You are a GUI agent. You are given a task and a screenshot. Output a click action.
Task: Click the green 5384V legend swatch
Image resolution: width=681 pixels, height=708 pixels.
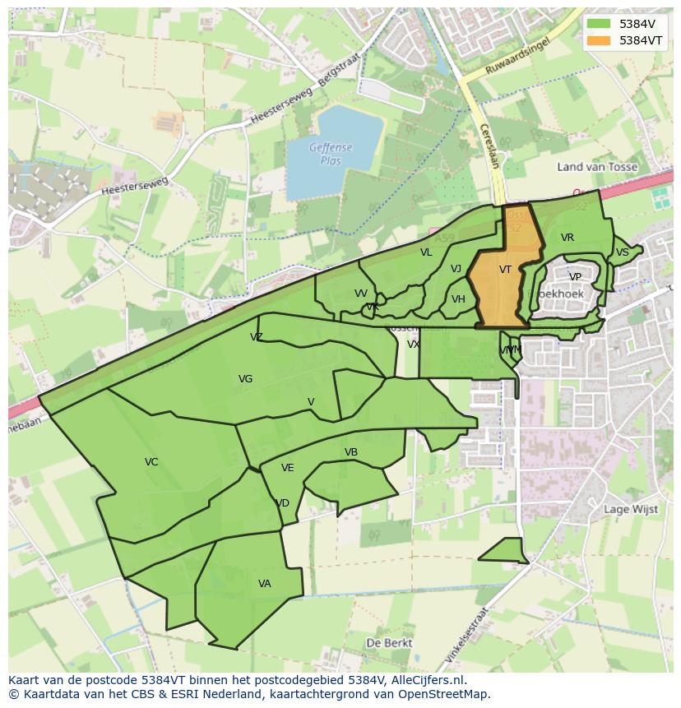pos(600,24)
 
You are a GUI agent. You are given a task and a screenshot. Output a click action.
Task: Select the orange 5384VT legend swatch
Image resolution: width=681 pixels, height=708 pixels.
pos(600,40)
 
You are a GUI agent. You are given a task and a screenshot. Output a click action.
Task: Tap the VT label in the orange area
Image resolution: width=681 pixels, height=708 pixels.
pos(505,270)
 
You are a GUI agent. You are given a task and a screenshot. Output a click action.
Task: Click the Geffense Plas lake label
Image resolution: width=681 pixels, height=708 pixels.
pos(331,155)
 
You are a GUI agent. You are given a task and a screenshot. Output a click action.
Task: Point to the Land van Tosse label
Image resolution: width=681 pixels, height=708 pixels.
pos(597,167)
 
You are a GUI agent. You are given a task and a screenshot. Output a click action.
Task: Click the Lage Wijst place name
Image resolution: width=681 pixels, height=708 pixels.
pos(631,509)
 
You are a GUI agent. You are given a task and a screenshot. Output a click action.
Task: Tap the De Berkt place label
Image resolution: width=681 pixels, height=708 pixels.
pos(390,643)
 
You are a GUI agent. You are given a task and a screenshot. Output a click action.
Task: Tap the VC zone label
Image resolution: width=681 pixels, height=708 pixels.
pos(151,462)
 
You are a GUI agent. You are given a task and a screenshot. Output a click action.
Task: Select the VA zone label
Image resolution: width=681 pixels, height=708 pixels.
pos(264,584)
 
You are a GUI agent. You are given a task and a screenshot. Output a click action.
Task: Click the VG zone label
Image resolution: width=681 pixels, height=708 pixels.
pos(245,379)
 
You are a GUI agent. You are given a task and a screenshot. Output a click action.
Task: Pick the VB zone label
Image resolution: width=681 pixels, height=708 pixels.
pos(351,452)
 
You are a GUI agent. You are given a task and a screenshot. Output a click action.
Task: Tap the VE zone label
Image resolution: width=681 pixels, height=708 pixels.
pos(287,468)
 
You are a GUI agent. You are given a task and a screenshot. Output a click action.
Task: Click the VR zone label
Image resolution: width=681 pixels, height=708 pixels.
pos(567,238)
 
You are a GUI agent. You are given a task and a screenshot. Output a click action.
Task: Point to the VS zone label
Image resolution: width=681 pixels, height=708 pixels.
pos(623,252)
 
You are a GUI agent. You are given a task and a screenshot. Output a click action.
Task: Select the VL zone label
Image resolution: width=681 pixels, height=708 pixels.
pos(426,252)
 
